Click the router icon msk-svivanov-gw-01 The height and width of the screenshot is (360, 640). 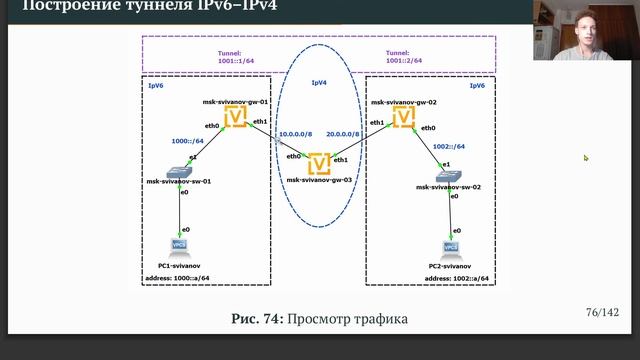pyautogui.click(x=236, y=118)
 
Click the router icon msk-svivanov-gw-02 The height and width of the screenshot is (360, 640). pyautogui.click(x=404, y=118)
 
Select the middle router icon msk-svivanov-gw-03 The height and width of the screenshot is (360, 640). pyautogui.click(x=320, y=162)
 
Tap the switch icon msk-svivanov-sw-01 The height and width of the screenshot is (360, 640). pyautogui.click(x=181, y=173)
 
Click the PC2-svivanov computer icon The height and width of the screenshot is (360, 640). pyautogui.click(x=451, y=246)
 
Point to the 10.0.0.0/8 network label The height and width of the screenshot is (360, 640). pyautogui.click(x=296, y=133)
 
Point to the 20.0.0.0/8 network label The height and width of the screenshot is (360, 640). pyautogui.click(x=343, y=133)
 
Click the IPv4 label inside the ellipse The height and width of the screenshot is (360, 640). pyautogui.click(x=319, y=82)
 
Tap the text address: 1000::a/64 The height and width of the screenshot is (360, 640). pyautogui.click(x=181, y=279)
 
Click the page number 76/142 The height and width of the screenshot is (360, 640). pyautogui.click(x=602, y=313)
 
